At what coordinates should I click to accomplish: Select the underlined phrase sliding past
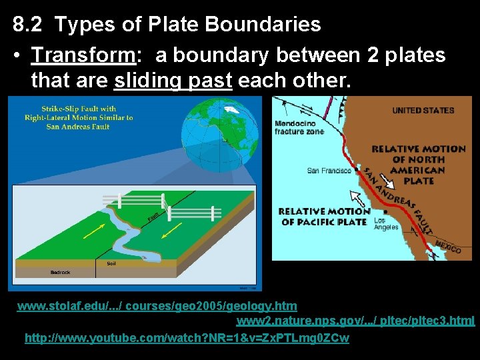(x=173, y=81)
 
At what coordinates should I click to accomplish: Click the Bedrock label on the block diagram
(x=60, y=272)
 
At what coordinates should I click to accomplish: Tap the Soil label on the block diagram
(x=111, y=263)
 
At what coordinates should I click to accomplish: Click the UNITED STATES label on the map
(x=423, y=111)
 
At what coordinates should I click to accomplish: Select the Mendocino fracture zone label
(x=299, y=127)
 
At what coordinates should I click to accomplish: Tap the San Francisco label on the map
(x=329, y=171)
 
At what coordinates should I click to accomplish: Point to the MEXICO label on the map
(x=447, y=247)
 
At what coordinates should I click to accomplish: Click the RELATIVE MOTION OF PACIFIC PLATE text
(x=324, y=217)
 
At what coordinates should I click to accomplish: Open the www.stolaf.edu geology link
(x=157, y=306)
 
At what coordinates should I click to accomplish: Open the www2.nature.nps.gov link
(x=355, y=321)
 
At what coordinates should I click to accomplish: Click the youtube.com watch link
(x=187, y=338)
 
